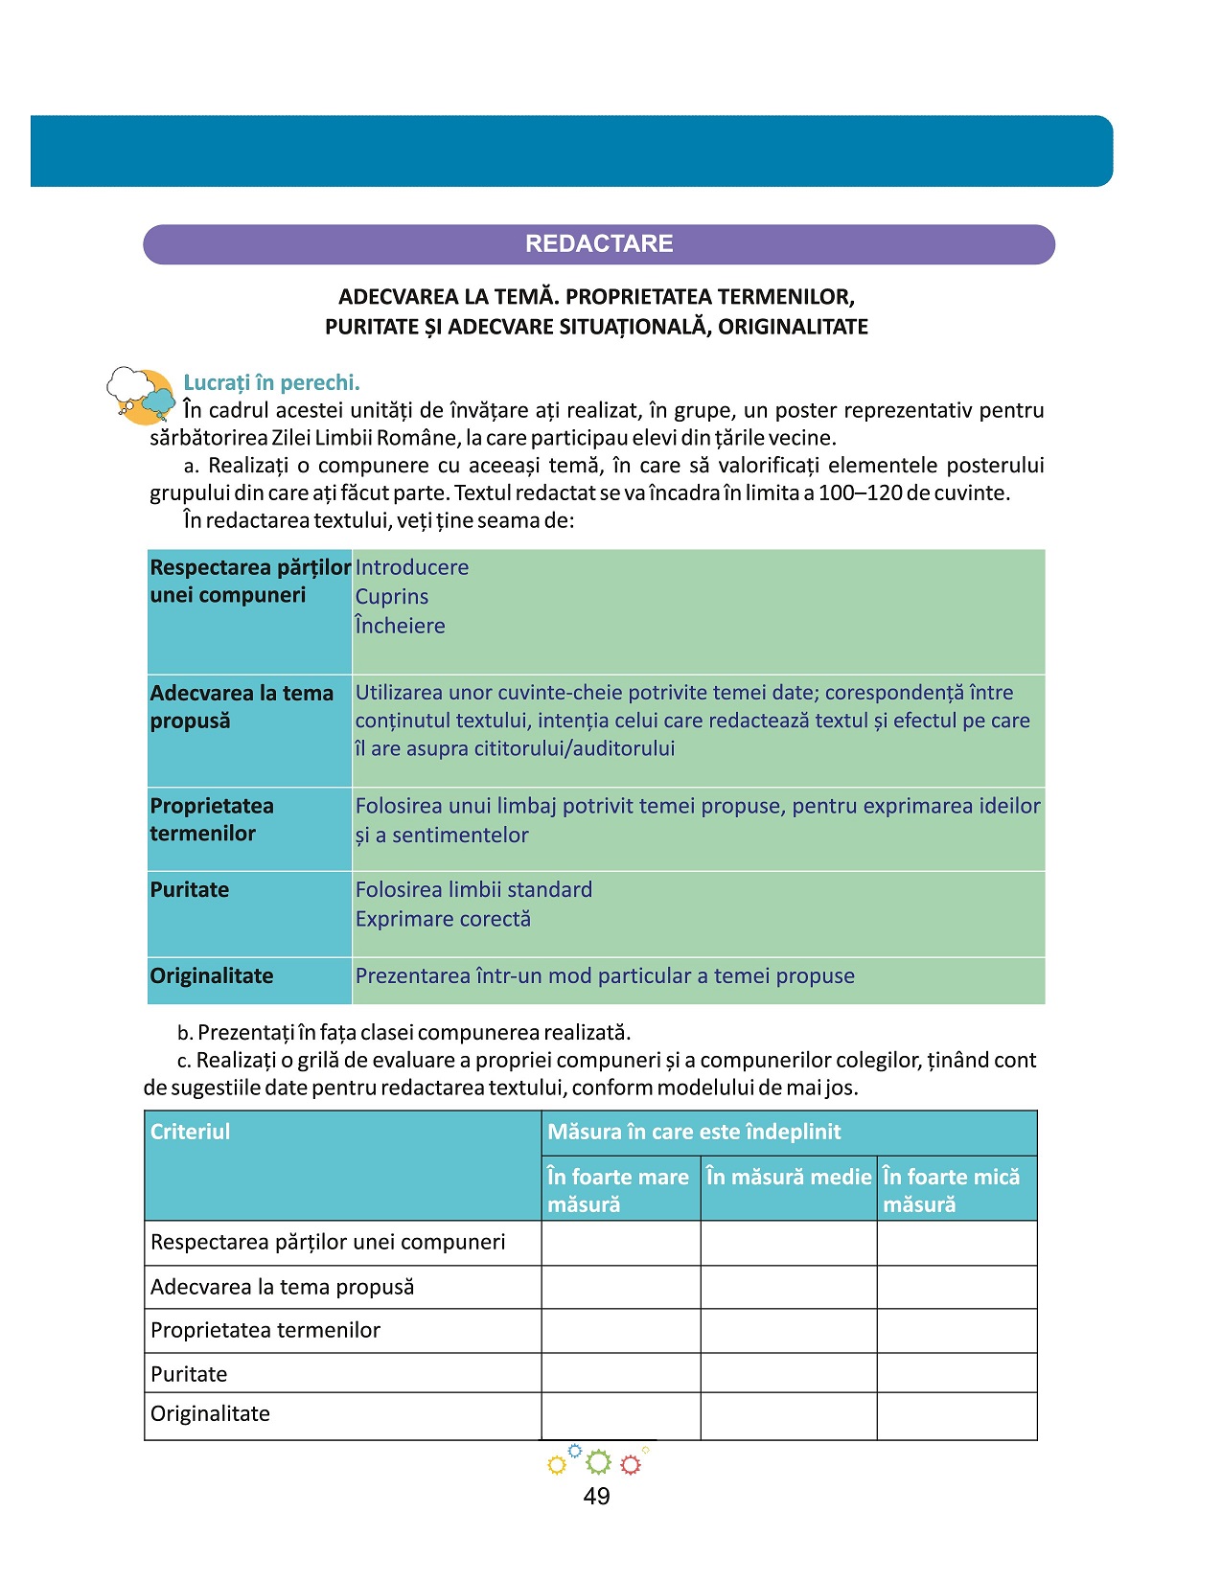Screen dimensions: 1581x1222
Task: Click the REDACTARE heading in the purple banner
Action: [x=599, y=243]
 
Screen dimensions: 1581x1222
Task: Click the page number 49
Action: [x=596, y=1496]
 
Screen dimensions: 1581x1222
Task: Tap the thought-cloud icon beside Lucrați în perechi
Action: [x=140, y=394]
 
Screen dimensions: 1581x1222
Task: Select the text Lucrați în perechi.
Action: [x=271, y=382]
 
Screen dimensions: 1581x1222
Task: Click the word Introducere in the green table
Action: [x=412, y=567]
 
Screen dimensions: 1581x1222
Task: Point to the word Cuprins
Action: [x=392, y=596]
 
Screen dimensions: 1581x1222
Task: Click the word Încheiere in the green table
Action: [x=400, y=626]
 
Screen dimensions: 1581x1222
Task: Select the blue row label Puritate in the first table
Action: [x=190, y=889]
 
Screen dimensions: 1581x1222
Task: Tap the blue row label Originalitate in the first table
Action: [x=212, y=975]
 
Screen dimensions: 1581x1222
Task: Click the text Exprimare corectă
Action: [x=443, y=919]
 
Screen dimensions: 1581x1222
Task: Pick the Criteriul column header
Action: [x=191, y=1132]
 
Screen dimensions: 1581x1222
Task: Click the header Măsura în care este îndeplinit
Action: [x=694, y=1132]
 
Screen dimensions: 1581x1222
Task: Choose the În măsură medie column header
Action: [x=788, y=1177]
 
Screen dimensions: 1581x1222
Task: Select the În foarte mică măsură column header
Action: [x=951, y=1190]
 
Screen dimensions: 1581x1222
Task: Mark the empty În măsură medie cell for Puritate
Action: [x=788, y=1373]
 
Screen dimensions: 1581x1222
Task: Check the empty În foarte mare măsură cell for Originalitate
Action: [x=620, y=1415]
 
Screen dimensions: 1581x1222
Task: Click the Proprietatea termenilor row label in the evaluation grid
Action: [x=265, y=1330]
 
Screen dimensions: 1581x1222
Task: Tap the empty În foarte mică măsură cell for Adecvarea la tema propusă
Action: [x=957, y=1287]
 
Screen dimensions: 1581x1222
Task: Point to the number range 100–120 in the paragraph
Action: [x=859, y=493]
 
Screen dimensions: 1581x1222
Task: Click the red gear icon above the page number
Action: [x=630, y=1464]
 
